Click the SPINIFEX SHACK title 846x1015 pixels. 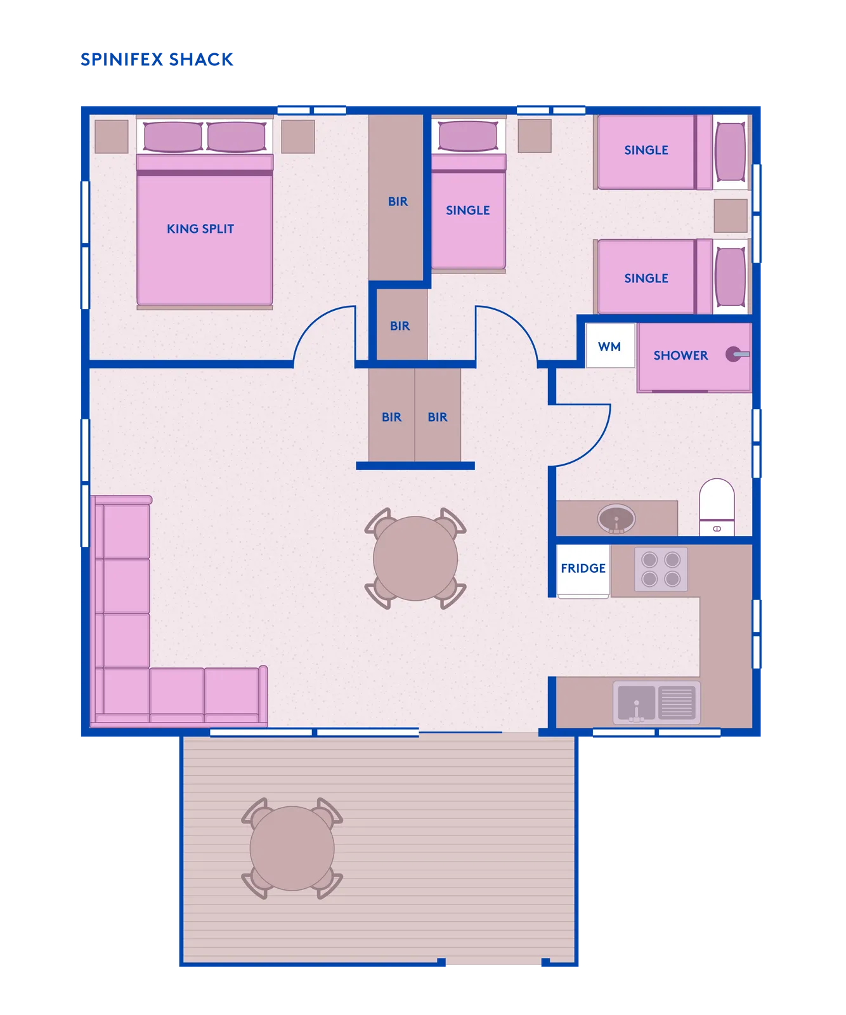click(x=157, y=60)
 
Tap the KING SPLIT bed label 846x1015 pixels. click(x=200, y=229)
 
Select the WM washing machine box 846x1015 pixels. click(x=610, y=346)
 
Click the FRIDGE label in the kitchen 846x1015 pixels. click(x=583, y=568)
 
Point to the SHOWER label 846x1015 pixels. click(x=680, y=355)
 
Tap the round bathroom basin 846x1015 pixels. click(x=616, y=519)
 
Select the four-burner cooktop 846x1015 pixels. click(x=661, y=569)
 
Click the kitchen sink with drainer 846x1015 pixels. click(x=656, y=702)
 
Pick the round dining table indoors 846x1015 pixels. click(x=415, y=558)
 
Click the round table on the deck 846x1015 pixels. click(x=292, y=848)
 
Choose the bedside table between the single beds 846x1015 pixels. click(x=731, y=216)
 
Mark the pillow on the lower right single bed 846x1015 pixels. click(x=730, y=277)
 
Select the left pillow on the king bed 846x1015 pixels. click(x=173, y=137)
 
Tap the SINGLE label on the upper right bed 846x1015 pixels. click(x=646, y=150)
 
